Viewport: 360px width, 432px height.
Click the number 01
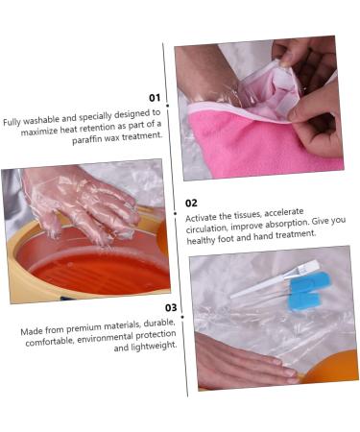[155, 97]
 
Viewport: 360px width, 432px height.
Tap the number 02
[191, 203]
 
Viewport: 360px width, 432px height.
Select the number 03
[171, 308]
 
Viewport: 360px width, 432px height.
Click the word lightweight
[156, 346]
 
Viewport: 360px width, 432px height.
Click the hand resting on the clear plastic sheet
[240, 364]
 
